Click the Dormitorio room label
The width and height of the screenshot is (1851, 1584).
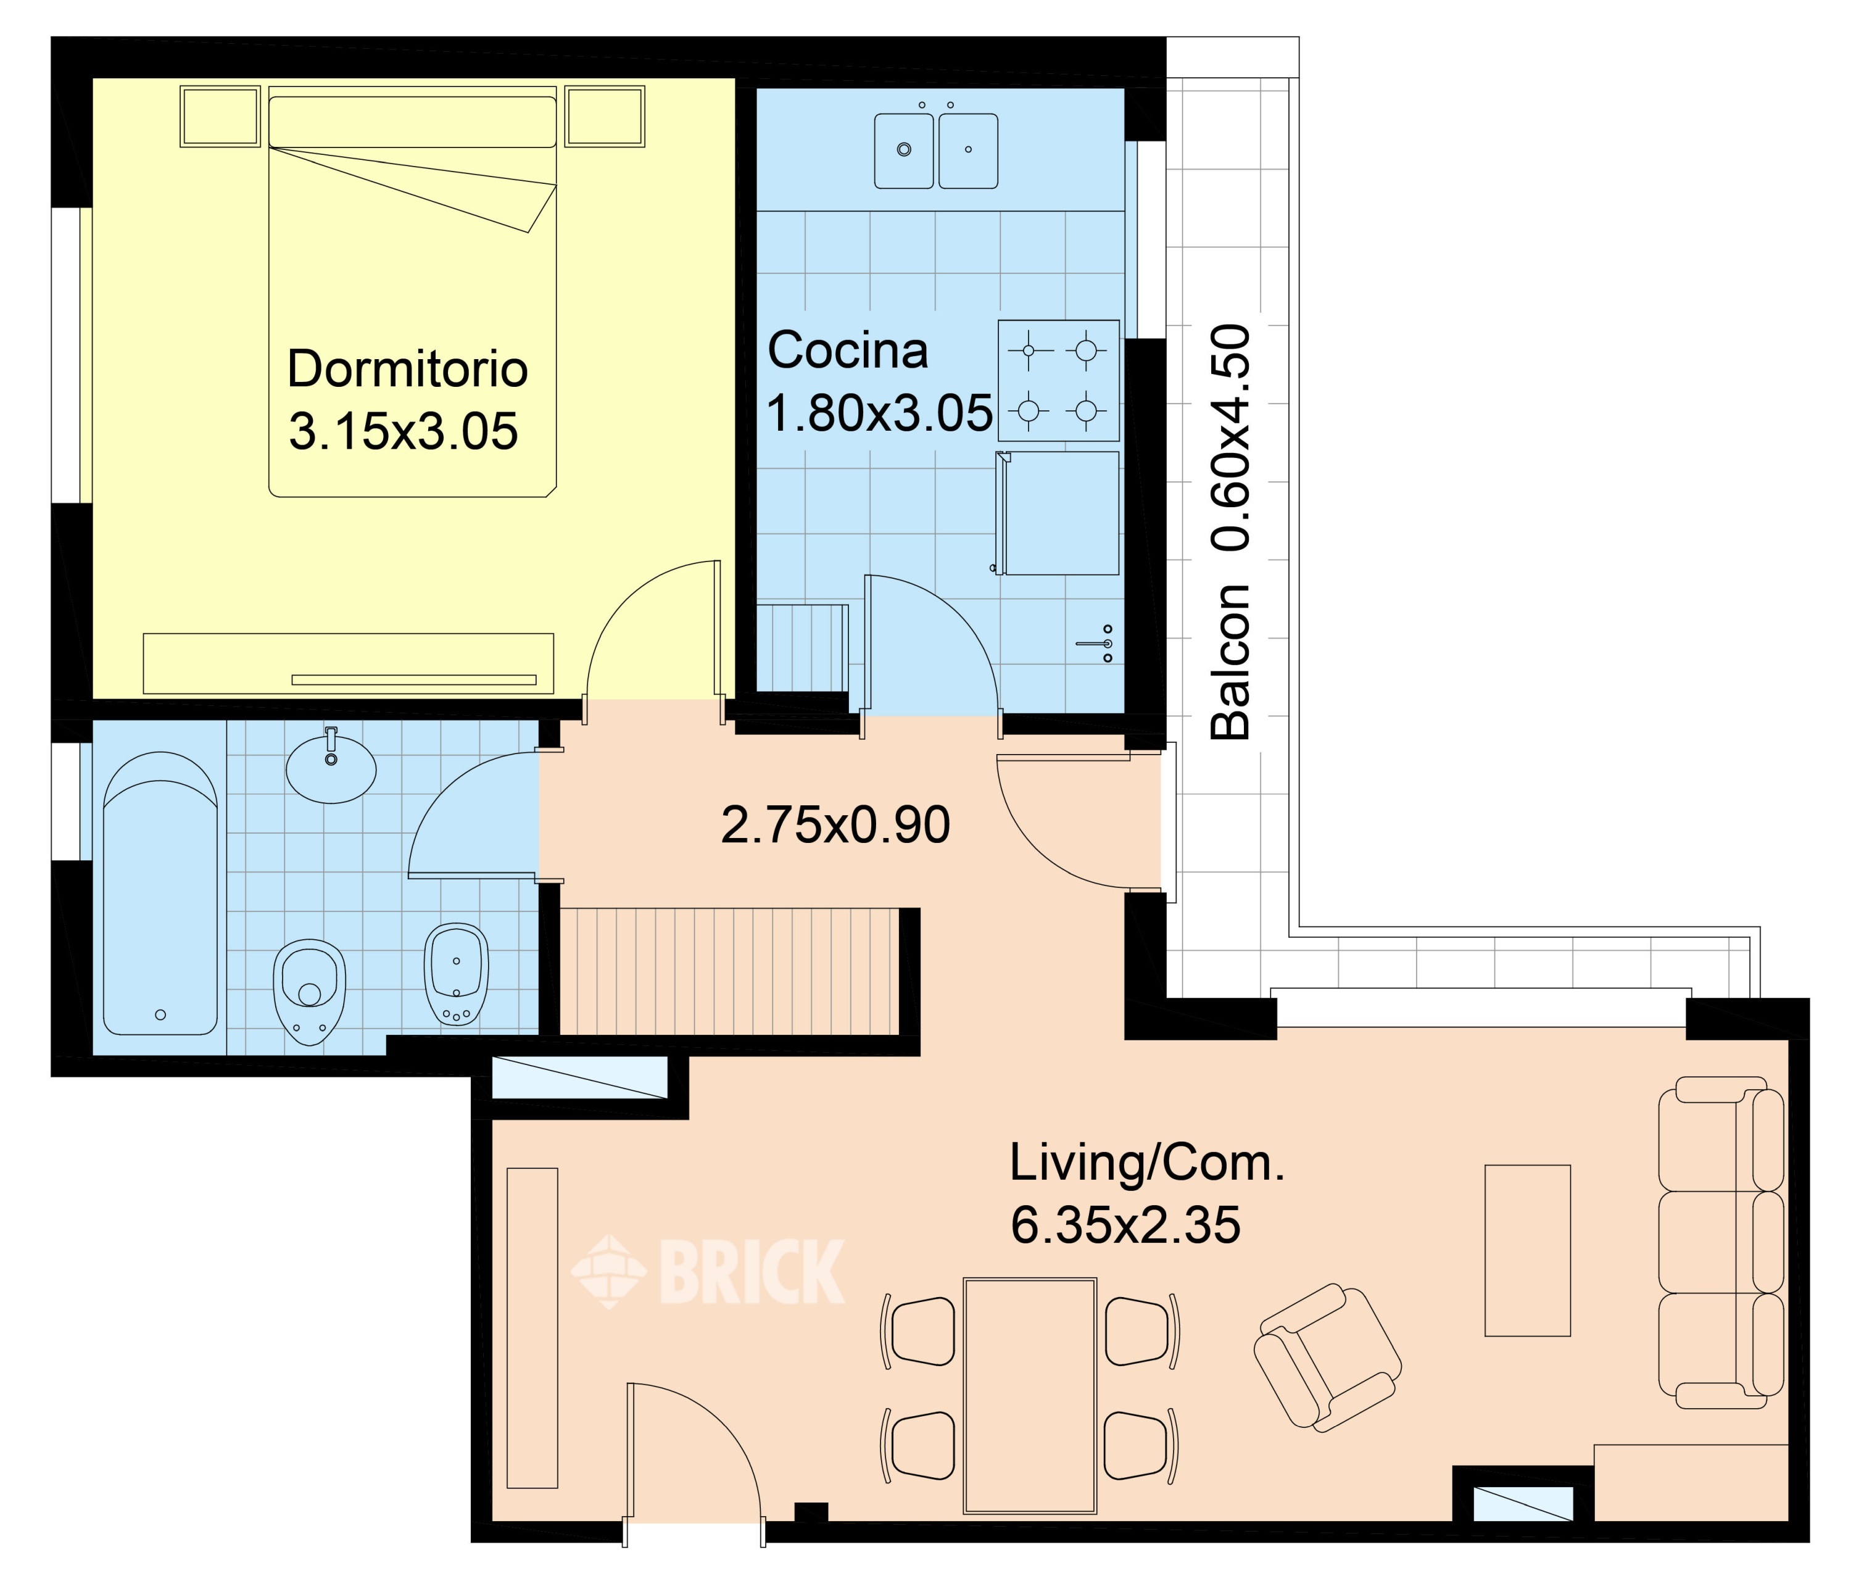click(407, 369)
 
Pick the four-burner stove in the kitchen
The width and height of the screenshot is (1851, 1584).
click(1059, 381)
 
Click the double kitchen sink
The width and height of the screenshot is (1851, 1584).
click(936, 150)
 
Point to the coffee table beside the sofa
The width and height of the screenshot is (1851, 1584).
click(1528, 1251)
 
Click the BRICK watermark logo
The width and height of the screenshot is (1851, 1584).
click(708, 1271)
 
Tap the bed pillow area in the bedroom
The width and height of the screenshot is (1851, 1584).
click(413, 122)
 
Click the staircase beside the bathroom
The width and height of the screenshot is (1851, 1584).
click(728, 971)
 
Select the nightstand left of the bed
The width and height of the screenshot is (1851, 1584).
click(220, 116)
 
